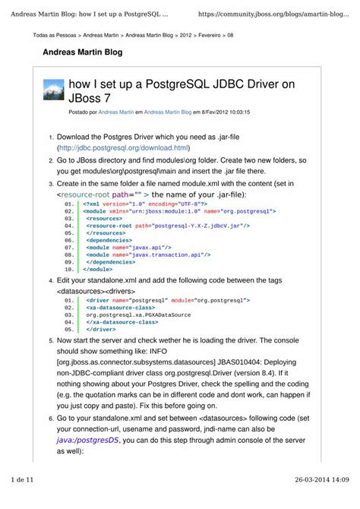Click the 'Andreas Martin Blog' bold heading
point(76,53)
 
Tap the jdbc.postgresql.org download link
point(123,147)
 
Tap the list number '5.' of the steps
point(51,342)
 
